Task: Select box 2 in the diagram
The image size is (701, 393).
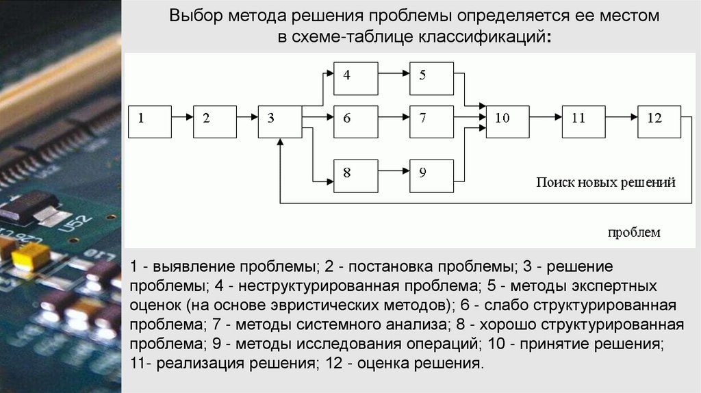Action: pos(214,121)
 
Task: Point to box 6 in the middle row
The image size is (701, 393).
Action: pos(355,121)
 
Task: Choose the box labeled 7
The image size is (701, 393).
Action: pos(431,121)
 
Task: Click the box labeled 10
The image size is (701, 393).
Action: pos(508,121)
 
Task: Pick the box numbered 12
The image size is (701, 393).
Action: pos(659,121)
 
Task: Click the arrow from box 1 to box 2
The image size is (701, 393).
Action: pos(182,118)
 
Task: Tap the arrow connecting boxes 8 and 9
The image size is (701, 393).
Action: pos(394,170)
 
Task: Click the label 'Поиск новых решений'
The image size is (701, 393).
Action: pos(605,183)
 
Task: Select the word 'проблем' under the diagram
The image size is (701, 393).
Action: pos(635,232)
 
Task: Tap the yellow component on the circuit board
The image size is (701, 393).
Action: pos(30,255)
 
